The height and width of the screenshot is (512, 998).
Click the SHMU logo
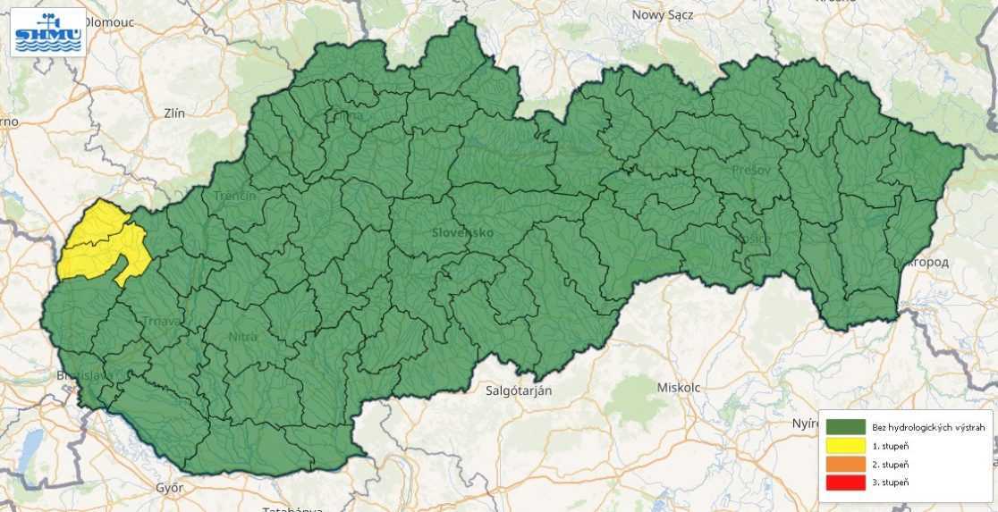pyautogui.click(x=48, y=32)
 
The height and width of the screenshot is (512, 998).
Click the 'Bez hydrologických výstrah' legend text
pyautogui.click(x=928, y=428)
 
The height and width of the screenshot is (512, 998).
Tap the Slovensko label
pyautogui.click(x=461, y=232)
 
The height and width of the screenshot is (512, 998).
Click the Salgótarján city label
pyautogui.click(x=519, y=390)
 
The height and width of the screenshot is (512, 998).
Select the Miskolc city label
pyautogui.click(x=679, y=388)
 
